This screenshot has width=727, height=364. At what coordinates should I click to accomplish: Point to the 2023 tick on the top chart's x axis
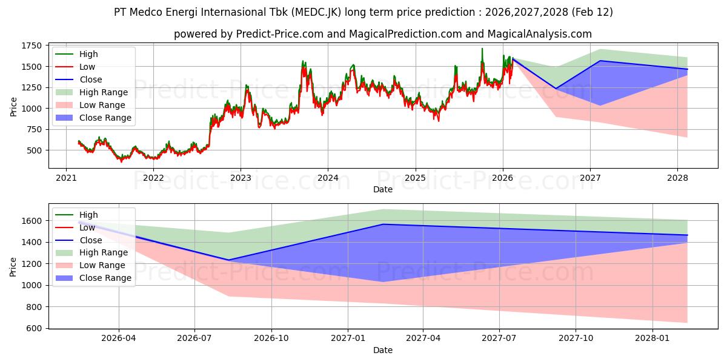coord(241,178)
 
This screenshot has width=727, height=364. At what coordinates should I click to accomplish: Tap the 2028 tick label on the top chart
coord(677,178)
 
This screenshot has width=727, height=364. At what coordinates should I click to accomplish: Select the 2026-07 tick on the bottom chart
coord(194,339)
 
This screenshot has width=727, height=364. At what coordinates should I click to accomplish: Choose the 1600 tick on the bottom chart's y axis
coord(33,220)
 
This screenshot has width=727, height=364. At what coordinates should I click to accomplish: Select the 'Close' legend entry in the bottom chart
coord(91,240)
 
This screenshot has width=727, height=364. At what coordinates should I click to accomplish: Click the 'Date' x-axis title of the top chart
coord(382,189)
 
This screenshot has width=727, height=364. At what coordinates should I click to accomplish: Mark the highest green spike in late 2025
coord(482,49)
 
